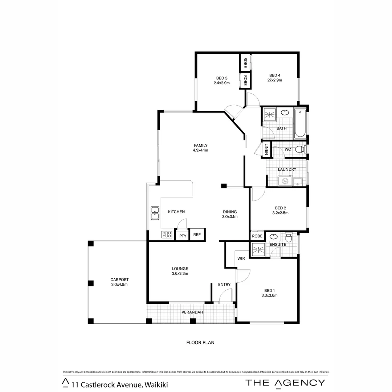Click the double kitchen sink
coord(155,213)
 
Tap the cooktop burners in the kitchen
coord(167,234)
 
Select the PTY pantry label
coord(183,236)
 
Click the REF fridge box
coord(197,235)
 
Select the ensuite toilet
coord(289,238)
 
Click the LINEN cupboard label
coord(266,149)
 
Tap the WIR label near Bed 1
coord(241,258)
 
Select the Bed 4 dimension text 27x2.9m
coord(275,80)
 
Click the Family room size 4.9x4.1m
coord(200,150)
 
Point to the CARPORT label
coord(119,279)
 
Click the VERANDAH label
coord(192,312)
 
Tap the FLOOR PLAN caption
coord(200,342)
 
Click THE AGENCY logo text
coord(285,382)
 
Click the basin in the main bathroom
coord(285,112)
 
